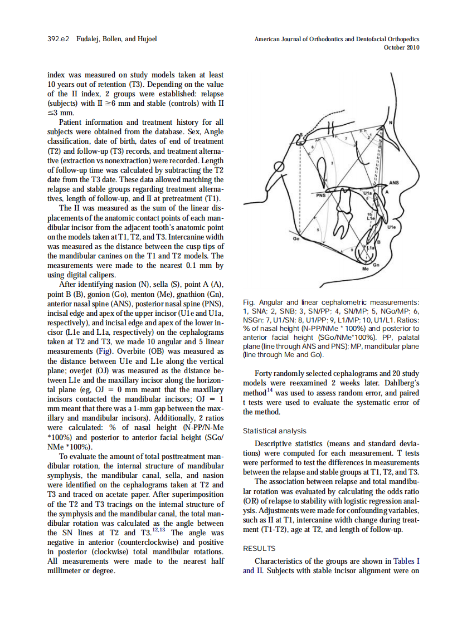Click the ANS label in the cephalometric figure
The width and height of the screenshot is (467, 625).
[x=394, y=182]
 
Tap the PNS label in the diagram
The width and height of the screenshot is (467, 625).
[x=320, y=196]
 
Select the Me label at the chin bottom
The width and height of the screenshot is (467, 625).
[x=366, y=268]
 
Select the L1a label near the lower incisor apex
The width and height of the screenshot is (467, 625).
[x=371, y=248]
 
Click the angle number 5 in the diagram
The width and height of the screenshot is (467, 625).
[x=318, y=229]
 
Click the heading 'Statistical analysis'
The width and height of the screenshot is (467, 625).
[x=274, y=431]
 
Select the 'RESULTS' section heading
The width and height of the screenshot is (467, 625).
[x=259, y=548]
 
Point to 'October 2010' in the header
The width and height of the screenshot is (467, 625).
[x=402, y=47]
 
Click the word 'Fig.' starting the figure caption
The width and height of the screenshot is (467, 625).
[x=249, y=302]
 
